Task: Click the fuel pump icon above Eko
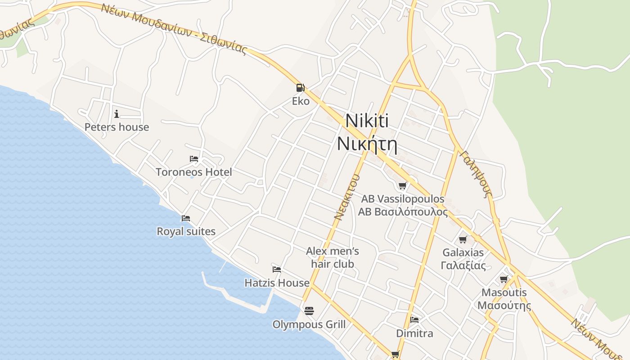300,87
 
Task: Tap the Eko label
301,101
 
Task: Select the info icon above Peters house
117,113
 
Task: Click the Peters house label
117,127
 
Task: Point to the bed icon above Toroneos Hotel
194,159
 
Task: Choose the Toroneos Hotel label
194,172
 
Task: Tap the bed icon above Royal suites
186,218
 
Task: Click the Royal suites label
186,231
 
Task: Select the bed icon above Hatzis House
277,270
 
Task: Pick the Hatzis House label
277,283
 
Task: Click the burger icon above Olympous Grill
309,310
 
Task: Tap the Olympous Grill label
309,324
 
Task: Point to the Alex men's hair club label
333,257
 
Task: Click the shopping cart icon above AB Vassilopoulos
403,185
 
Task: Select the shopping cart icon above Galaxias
463,239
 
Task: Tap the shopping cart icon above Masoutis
504,279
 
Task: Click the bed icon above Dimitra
414,320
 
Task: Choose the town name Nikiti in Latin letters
367,121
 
